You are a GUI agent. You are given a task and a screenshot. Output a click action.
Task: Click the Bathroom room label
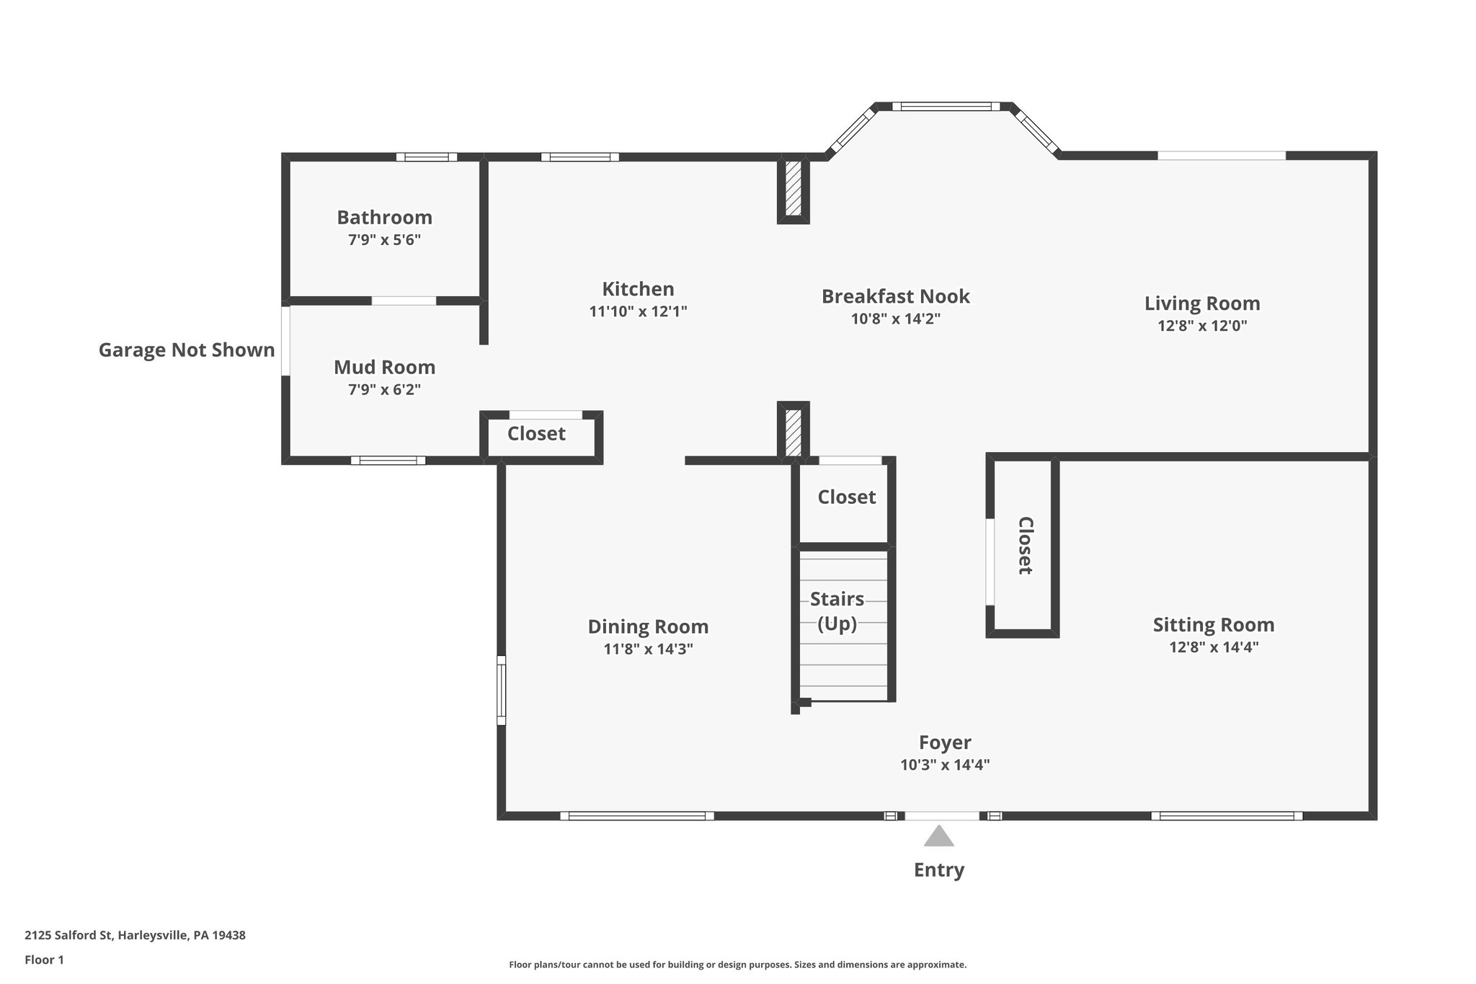point(384,217)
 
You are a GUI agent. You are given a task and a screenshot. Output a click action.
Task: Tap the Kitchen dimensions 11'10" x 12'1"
point(638,311)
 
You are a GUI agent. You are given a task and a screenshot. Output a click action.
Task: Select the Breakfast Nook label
point(895,296)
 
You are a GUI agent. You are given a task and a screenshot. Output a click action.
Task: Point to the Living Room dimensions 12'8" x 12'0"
point(1201,325)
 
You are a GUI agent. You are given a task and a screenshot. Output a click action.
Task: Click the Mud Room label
point(384,367)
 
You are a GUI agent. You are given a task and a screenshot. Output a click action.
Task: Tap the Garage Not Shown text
point(186,350)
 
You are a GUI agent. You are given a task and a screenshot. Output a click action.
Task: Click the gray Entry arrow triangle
point(938,837)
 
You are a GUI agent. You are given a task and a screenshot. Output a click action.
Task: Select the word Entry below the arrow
point(938,869)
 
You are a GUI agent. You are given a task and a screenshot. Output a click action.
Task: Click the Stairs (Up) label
point(837,611)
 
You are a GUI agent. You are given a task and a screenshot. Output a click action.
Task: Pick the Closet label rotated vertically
point(1025,546)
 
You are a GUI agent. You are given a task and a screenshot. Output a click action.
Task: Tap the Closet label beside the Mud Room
point(536,433)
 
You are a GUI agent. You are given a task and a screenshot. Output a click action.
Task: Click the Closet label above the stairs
point(846,497)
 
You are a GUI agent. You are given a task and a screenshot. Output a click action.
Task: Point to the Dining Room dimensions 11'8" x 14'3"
point(648,649)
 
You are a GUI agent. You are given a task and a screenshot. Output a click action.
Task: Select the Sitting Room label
point(1213,624)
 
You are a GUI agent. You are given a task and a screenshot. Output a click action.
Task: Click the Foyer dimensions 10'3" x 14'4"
point(944,765)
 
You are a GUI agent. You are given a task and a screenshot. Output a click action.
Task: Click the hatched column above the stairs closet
point(793,432)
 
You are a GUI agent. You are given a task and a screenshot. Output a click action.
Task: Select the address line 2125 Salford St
point(135,935)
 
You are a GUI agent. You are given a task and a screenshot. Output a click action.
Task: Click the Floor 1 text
point(44,959)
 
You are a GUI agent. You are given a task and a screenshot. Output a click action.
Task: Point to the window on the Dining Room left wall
point(502,690)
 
